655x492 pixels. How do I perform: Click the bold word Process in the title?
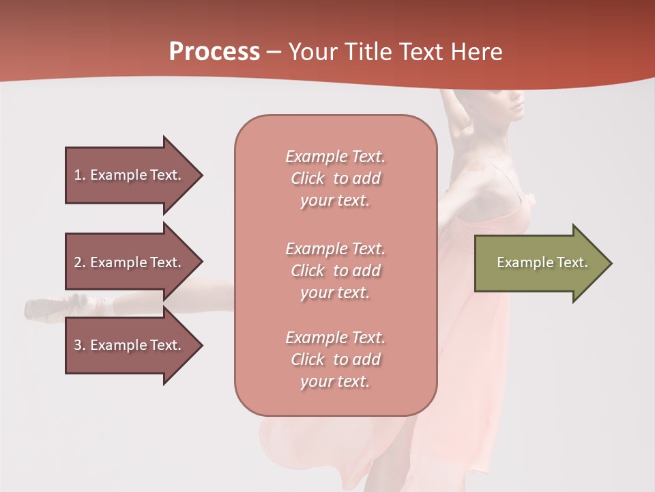tap(214, 52)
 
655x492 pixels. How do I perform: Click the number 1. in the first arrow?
tap(79, 175)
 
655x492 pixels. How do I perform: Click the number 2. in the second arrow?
tap(79, 262)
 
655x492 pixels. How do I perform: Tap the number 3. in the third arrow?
tap(79, 345)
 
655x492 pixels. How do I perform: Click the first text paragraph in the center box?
tap(335, 178)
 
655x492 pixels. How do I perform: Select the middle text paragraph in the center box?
tap(335, 271)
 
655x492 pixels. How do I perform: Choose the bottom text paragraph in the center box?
tap(335, 359)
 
